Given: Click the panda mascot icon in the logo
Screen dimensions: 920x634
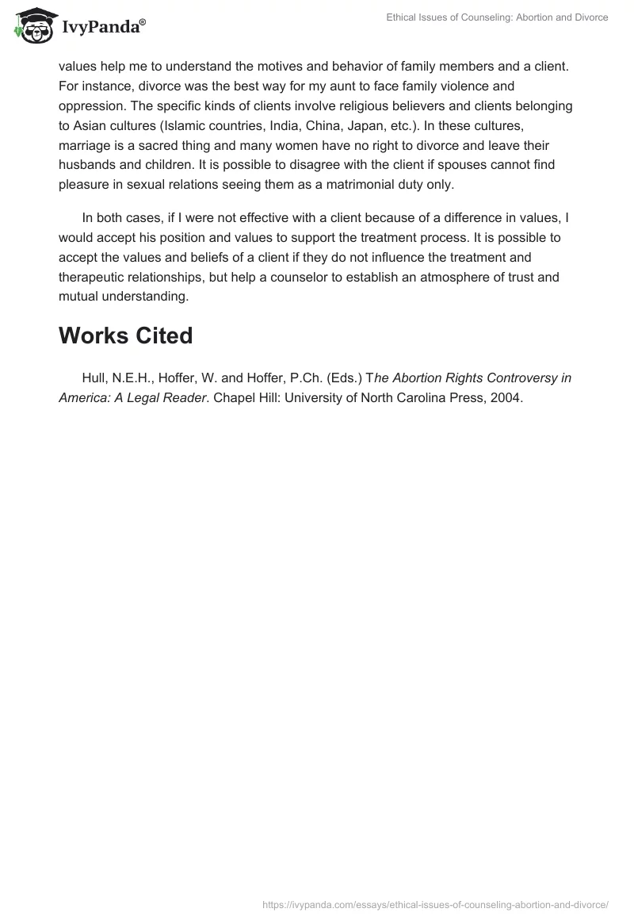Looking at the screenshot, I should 31,28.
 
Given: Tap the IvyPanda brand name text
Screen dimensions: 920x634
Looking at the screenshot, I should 101,29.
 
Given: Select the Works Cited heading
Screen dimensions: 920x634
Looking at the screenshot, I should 125,335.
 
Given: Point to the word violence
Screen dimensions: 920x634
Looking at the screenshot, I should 466,86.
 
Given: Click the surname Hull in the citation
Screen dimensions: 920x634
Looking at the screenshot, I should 94,378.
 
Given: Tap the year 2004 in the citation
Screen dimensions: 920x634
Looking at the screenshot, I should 505,398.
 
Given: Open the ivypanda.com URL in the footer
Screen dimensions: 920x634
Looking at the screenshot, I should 434,904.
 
